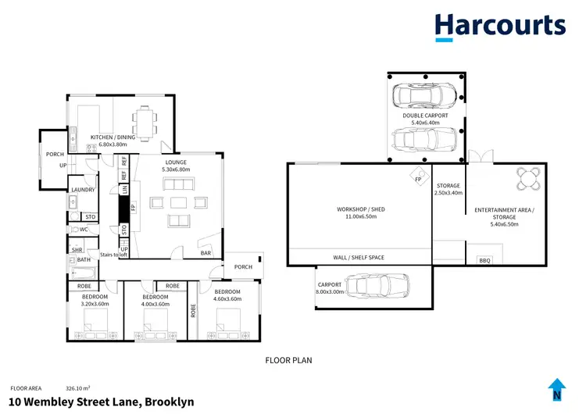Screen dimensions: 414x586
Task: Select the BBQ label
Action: [484, 260]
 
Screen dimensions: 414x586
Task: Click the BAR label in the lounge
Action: [206, 253]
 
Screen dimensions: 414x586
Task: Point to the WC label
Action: [84, 230]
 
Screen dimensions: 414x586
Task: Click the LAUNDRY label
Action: [83, 190]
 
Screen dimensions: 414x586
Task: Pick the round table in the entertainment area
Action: [528, 179]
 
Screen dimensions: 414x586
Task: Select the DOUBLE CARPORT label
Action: [425, 116]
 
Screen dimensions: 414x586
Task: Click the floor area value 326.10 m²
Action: [77, 387]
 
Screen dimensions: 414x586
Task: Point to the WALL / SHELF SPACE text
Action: [359, 258]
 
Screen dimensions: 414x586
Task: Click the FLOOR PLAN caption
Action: [289, 361]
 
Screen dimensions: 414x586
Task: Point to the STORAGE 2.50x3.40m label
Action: [448, 189]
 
